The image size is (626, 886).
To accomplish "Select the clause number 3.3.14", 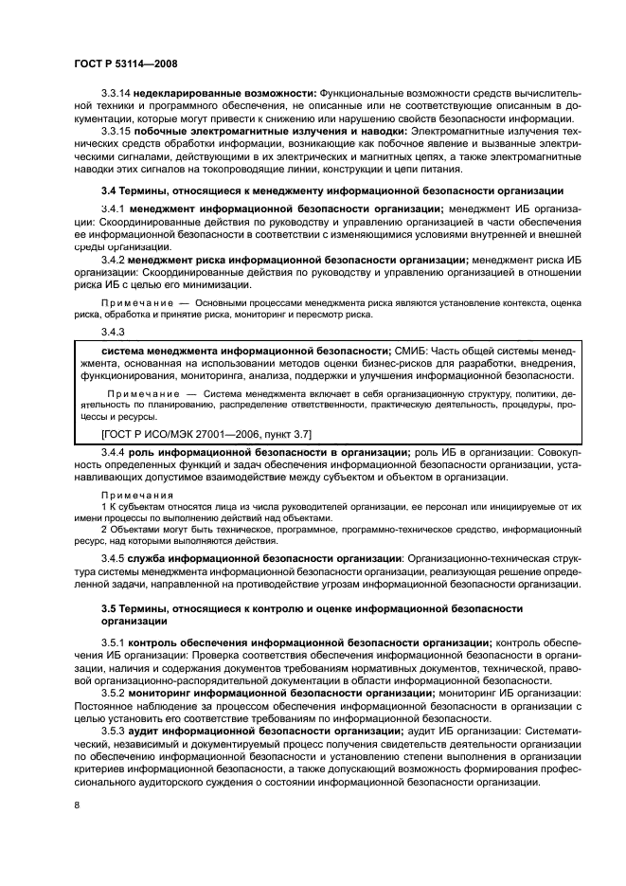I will coord(116,94).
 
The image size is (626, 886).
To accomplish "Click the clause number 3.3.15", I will coord(116,131).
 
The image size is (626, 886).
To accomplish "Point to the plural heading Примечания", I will coord(133,496).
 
